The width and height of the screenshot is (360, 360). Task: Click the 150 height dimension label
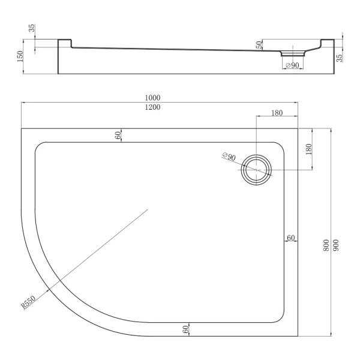pos(20,56)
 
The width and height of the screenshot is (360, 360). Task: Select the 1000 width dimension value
pos(152,98)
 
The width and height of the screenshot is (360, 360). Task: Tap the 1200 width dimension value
pos(152,107)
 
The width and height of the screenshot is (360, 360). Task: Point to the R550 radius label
pos(28,302)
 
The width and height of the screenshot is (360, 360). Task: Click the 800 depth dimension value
pos(326,245)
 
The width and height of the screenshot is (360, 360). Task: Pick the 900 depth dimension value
pos(335,245)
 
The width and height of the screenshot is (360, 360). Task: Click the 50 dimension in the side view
pos(259,45)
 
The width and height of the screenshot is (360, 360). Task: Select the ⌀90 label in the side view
pos(292,65)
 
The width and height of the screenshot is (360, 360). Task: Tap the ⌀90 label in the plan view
pos(229,157)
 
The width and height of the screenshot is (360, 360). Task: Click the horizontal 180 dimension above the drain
pos(277,113)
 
